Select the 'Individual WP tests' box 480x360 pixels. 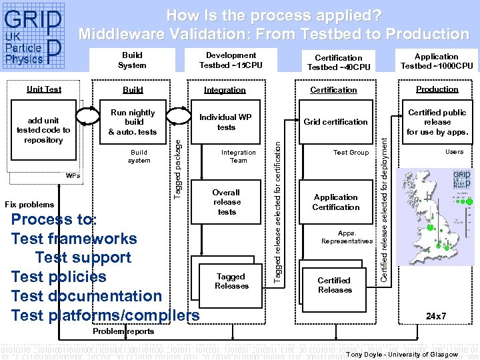226,122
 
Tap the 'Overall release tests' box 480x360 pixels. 227,202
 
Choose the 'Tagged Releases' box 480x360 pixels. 231,281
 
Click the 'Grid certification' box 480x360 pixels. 335,122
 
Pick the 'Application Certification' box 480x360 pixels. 335,202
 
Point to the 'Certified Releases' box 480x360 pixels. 335,285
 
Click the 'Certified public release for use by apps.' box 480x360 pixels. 437,122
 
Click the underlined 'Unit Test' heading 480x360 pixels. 43,89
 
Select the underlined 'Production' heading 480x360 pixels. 437,89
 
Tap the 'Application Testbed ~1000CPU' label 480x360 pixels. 437,61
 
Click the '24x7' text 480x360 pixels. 437,315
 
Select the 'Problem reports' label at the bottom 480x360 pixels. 123,331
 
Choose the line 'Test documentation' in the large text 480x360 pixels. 87,296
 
